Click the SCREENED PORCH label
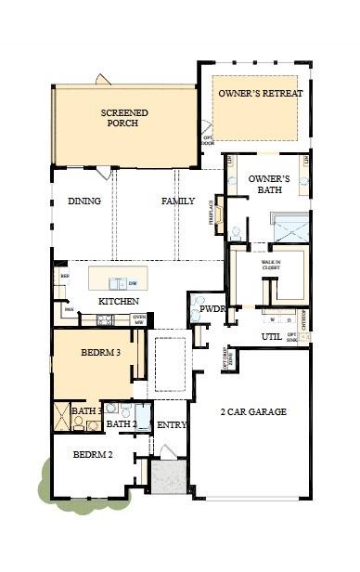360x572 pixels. (x=124, y=118)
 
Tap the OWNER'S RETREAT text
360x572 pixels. (x=255, y=94)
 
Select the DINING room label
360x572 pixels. (x=84, y=201)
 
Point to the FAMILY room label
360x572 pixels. (x=178, y=201)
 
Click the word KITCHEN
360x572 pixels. (x=119, y=302)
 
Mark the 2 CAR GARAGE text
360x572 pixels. (x=252, y=411)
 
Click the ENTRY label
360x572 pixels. (x=173, y=425)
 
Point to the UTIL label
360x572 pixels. (x=271, y=336)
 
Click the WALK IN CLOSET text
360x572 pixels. (x=270, y=266)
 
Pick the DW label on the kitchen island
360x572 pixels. (x=133, y=282)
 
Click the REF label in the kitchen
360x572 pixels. (x=65, y=276)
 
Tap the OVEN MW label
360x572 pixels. (x=139, y=319)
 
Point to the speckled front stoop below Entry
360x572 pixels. (x=170, y=479)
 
